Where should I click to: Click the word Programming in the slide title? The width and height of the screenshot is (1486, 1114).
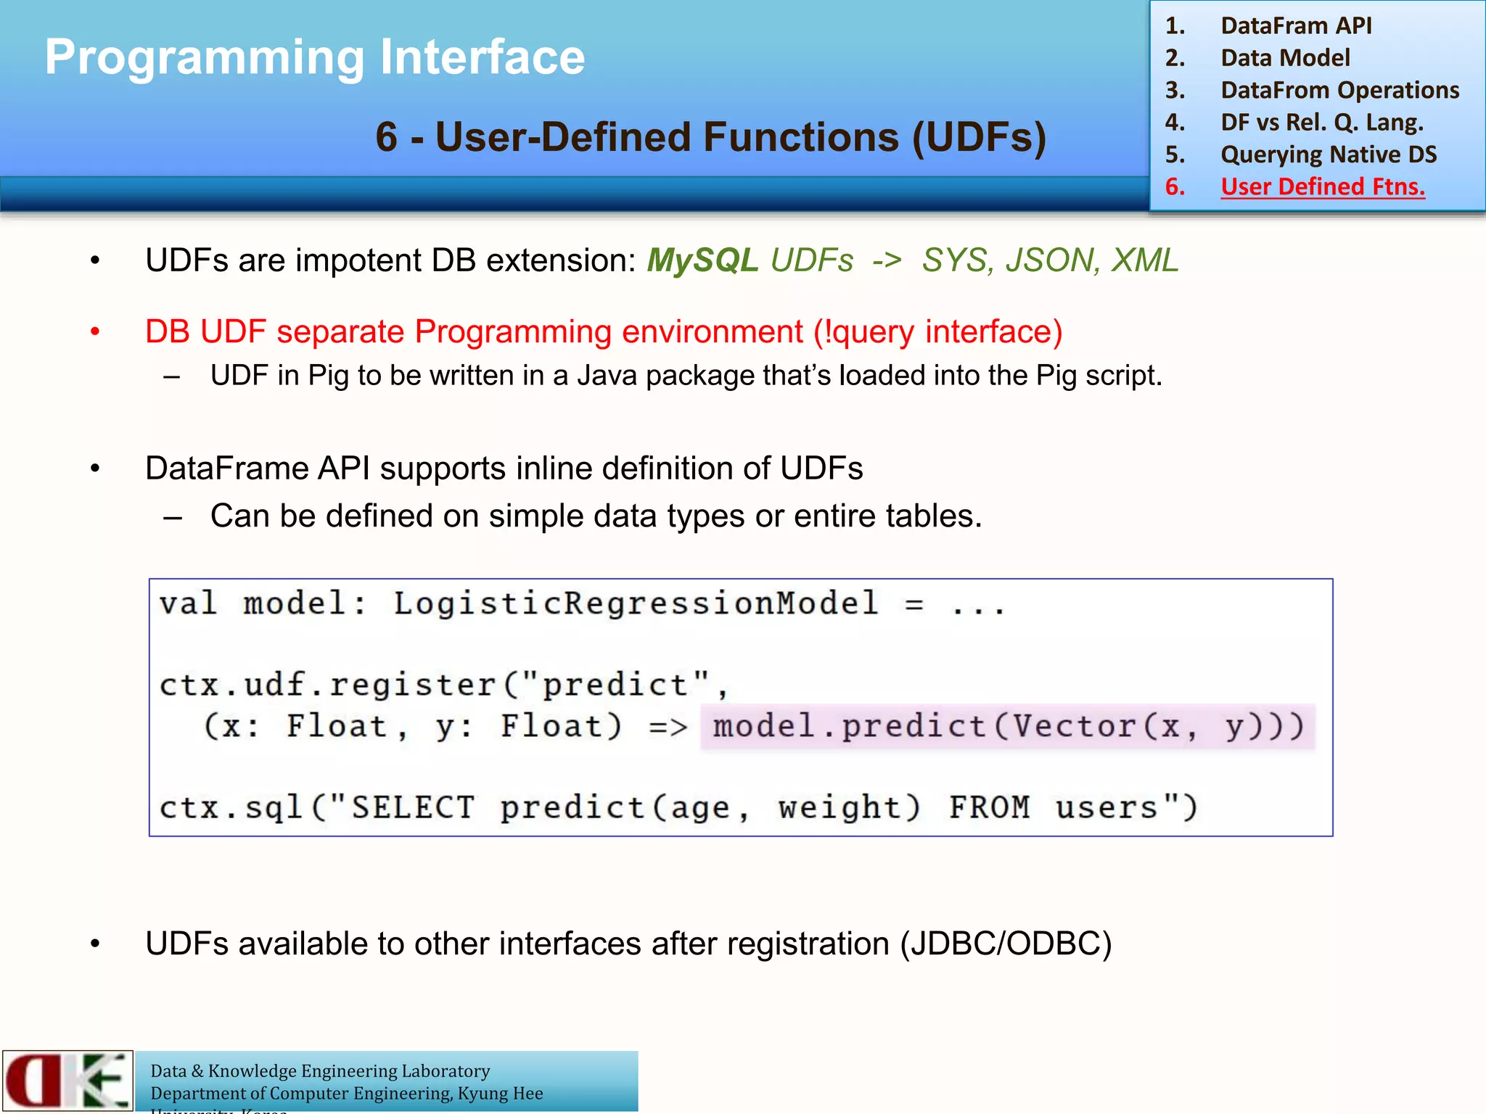[x=204, y=58]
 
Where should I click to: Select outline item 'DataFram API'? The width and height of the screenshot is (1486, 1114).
[x=1296, y=26]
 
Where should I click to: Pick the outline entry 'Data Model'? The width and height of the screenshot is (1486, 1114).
[x=1285, y=58]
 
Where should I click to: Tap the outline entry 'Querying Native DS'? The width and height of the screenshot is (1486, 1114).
[x=1329, y=154]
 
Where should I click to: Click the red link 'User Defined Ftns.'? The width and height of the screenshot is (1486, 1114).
[x=1322, y=187]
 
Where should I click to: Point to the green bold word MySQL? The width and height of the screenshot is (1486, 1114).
[x=702, y=260]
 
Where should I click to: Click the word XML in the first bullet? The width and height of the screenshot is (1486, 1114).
[x=1145, y=260]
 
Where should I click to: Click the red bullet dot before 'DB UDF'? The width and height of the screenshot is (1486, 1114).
[x=95, y=332]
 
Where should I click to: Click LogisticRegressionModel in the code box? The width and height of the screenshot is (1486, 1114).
[x=636, y=603]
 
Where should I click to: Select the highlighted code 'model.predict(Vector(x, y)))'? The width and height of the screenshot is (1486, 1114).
[x=1007, y=727]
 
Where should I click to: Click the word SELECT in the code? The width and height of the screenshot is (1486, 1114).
[x=413, y=808]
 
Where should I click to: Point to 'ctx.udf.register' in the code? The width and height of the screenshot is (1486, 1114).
[x=327, y=685]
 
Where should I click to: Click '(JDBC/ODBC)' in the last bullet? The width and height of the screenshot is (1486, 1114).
[x=1006, y=944]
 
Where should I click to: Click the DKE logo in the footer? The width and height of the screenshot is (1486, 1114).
[x=67, y=1081]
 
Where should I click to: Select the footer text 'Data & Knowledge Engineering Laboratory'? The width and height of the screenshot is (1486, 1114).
[x=320, y=1071]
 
